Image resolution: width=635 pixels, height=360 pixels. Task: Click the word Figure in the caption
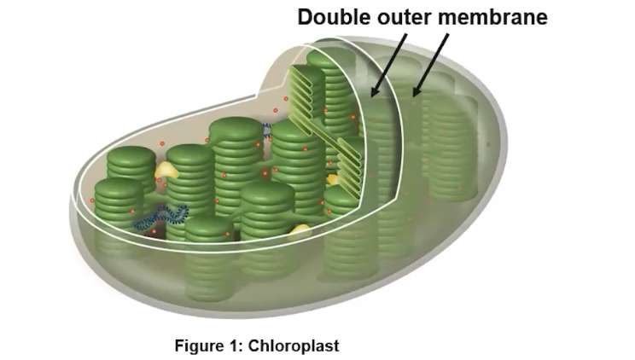199,346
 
